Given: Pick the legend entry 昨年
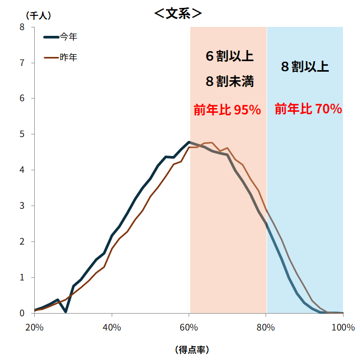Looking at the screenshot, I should coord(68,57).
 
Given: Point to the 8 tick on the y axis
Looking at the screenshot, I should coord(22,27).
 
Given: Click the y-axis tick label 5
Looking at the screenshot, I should coord(22,134).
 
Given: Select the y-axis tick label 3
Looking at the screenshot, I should coord(22,206).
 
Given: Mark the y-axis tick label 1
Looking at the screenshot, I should coord(22,277).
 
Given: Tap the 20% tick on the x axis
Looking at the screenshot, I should coord(34,327).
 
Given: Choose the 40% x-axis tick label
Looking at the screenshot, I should coord(112,327).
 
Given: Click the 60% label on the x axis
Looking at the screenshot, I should coord(189,327).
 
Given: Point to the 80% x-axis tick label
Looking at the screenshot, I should coord(266,327).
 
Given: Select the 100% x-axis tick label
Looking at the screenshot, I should coord(343,327).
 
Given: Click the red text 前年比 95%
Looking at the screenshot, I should coord(227,110).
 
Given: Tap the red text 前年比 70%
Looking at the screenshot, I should coord(308,109).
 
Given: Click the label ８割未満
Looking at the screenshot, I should coord(230,82).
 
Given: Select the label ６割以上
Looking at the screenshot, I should coord(230,56).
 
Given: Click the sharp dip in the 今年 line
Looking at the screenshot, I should coord(65,312).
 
